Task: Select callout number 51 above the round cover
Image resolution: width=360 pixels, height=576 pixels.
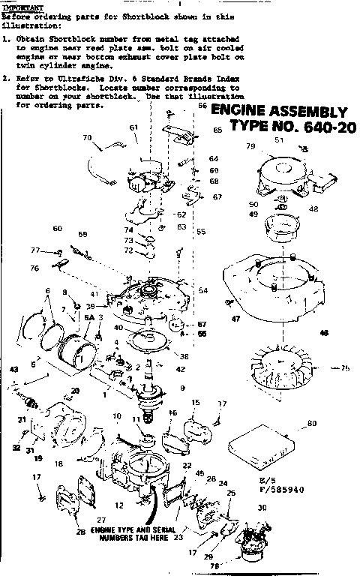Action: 279,139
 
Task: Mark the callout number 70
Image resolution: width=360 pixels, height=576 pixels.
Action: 86,137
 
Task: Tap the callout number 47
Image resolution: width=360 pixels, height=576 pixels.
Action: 235,319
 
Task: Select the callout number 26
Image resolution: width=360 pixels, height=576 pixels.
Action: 80,532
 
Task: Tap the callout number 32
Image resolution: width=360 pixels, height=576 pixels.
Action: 16,448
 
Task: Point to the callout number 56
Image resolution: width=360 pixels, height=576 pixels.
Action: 201,106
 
